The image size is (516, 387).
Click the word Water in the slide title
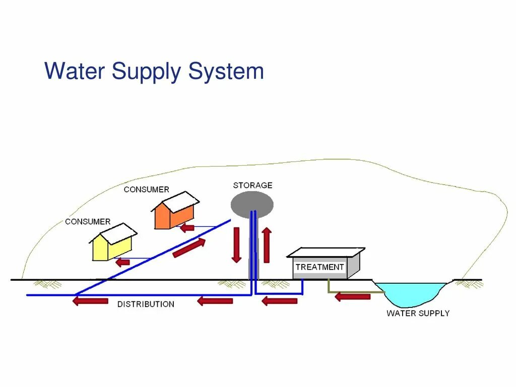point(75,71)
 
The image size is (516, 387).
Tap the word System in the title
point(226,71)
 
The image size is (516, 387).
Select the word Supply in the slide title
point(146,72)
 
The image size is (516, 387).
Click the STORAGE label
point(252,185)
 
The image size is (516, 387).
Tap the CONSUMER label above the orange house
point(146,189)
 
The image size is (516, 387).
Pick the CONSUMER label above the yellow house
point(88,222)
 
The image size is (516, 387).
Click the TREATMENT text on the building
point(320,267)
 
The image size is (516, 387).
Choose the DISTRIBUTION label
point(146,304)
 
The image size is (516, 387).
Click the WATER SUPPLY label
point(418,313)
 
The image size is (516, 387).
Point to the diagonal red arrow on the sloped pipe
point(189,247)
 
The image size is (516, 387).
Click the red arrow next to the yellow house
point(122,262)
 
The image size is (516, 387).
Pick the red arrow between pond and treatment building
point(352,296)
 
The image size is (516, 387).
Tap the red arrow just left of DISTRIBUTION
point(90,301)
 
